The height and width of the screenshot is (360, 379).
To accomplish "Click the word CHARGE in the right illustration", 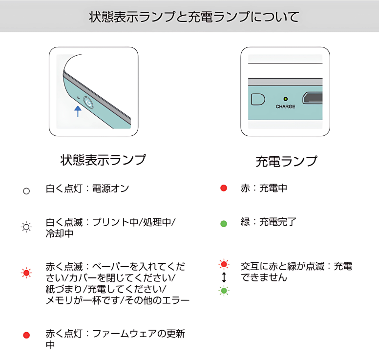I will (285, 106).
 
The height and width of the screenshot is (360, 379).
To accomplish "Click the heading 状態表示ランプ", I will (103, 160).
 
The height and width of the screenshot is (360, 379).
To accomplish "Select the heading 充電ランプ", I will (286, 161).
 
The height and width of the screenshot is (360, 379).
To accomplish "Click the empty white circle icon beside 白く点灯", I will (26, 191).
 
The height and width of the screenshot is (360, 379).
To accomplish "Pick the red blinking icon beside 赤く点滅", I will (26, 273).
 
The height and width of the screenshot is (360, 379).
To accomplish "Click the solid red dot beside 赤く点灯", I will (26, 335).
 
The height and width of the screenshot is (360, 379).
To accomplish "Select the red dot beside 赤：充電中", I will (224, 188).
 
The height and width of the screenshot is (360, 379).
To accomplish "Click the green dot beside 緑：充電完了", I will (224, 224).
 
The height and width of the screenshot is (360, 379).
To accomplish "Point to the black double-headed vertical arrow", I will (224, 277).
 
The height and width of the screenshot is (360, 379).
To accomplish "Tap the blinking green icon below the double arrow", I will (224, 291).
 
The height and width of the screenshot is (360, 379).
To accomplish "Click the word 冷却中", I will (60, 234).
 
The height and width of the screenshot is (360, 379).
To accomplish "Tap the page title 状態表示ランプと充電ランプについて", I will (194, 17).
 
